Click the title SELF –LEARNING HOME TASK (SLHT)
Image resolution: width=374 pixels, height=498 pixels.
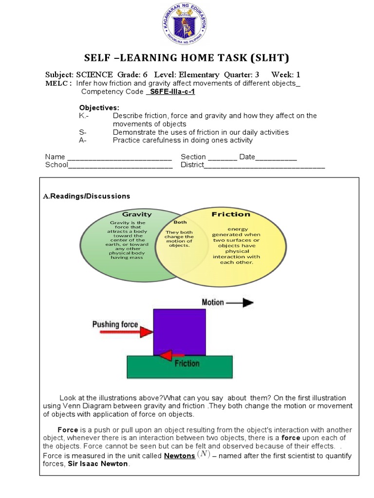click(x=187, y=58)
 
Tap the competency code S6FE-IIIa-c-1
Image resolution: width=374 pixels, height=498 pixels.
click(x=170, y=91)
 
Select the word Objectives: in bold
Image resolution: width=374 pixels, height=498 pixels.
click(x=99, y=107)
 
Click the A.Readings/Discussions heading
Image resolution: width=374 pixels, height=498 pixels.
click(x=87, y=196)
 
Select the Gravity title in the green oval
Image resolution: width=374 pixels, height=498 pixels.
click(x=133, y=214)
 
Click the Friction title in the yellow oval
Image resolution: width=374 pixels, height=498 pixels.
click(x=231, y=214)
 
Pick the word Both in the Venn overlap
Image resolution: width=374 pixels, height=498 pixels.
click(x=170, y=222)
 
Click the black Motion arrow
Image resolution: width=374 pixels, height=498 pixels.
click(x=240, y=302)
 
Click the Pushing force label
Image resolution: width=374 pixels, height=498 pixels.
click(x=115, y=324)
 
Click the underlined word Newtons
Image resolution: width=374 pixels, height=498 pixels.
click(x=179, y=456)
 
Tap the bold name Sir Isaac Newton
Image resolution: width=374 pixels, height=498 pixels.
click(x=101, y=464)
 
